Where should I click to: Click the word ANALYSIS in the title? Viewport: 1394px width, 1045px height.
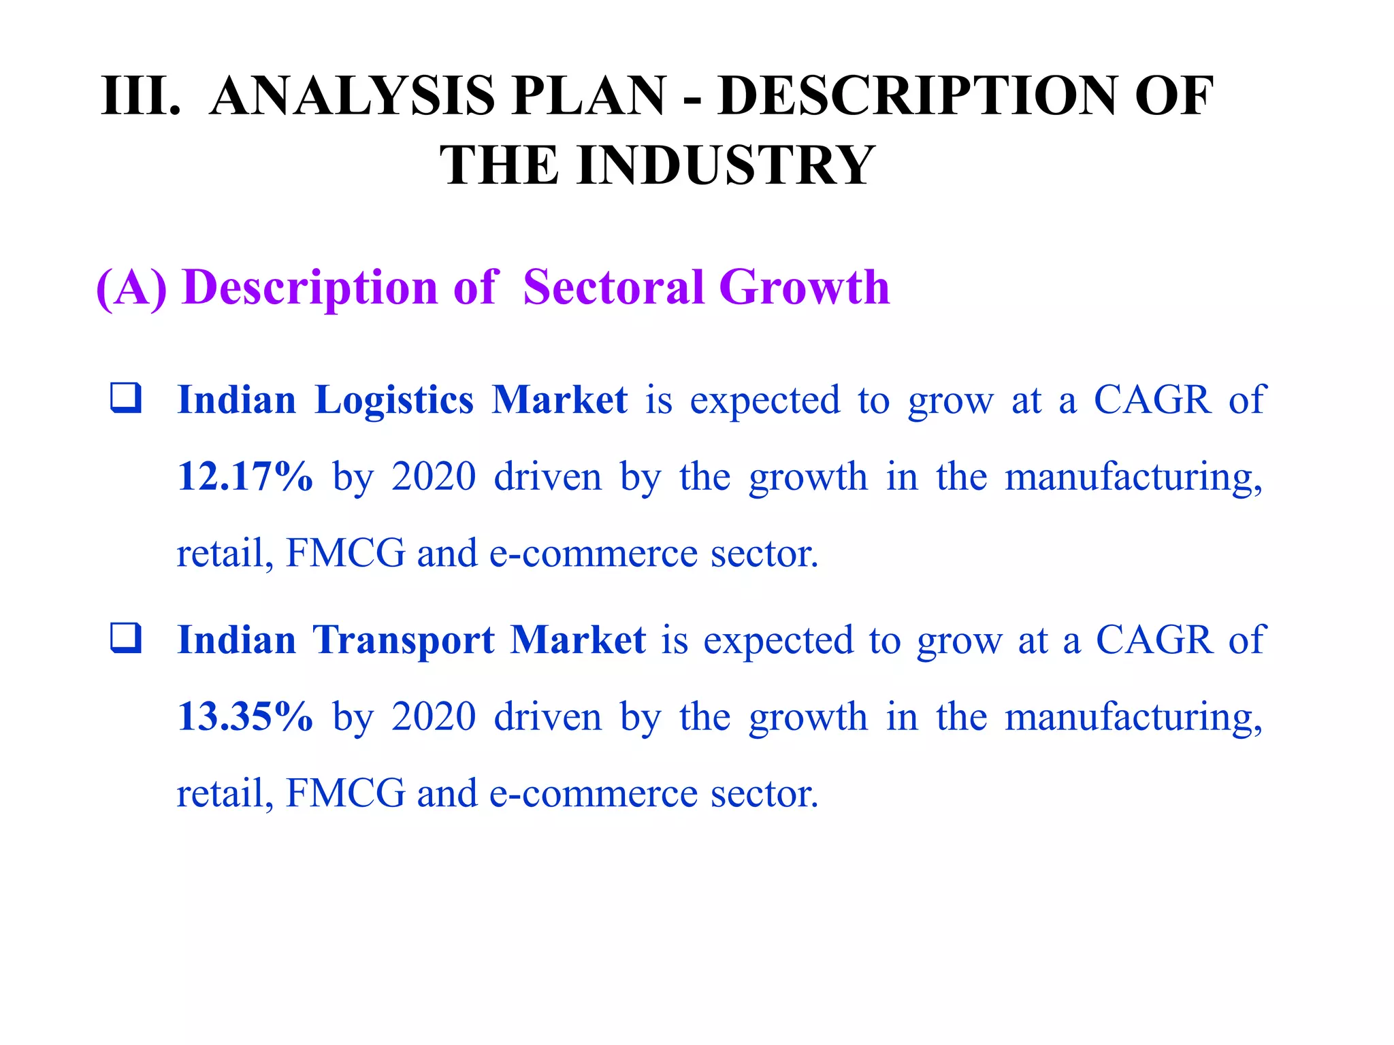pyautogui.click(x=352, y=96)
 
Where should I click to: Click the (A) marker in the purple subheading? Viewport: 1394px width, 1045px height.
pyautogui.click(x=131, y=287)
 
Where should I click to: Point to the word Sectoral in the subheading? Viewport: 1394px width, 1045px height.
pyautogui.click(x=613, y=287)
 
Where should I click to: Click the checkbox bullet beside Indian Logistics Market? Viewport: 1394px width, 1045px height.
pyautogui.click(x=126, y=398)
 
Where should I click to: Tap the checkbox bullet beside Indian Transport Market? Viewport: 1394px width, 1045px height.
pyautogui.click(x=126, y=638)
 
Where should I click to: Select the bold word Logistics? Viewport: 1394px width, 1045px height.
pyautogui.click(x=394, y=399)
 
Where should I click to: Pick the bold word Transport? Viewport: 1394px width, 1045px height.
pyautogui.click(x=404, y=640)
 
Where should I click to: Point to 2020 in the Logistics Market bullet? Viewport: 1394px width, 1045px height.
pyautogui.click(x=434, y=476)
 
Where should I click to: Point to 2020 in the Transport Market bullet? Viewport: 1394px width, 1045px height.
pyautogui.click(x=434, y=716)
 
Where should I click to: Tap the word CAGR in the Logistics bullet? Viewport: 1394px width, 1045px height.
pyautogui.click(x=1152, y=399)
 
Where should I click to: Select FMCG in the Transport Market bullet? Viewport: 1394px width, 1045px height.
pyautogui.click(x=345, y=793)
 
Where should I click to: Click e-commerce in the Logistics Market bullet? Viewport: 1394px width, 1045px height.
pyautogui.click(x=594, y=553)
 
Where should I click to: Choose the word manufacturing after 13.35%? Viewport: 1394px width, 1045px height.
pyautogui.click(x=1133, y=718)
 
